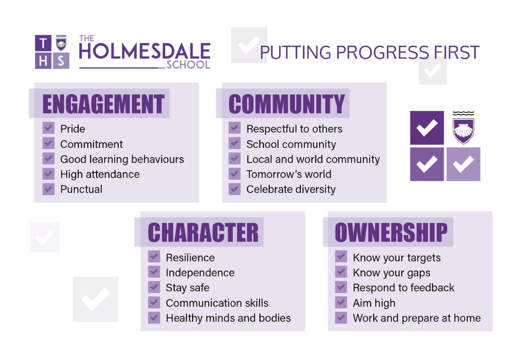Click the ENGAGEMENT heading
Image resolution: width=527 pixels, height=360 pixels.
[x=104, y=104]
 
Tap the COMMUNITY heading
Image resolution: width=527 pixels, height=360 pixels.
[x=287, y=104]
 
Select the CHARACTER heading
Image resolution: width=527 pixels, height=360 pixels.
[x=203, y=233]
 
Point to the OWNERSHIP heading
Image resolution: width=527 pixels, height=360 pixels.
[x=391, y=233]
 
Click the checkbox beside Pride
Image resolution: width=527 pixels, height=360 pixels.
[x=48, y=128]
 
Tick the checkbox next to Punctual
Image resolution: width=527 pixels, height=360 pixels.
[x=48, y=189]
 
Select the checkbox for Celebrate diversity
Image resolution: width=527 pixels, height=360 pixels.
[x=235, y=189]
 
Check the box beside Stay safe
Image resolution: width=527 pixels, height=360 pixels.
[x=154, y=287]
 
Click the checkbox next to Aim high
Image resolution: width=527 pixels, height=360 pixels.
[x=341, y=302]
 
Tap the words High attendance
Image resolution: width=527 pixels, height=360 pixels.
[x=100, y=175]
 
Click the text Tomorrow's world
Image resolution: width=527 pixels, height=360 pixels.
[x=289, y=174]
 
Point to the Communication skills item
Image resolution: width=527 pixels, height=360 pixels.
[x=217, y=303]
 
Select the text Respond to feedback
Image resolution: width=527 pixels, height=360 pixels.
[x=404, y=288]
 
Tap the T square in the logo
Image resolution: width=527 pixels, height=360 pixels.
[x=43, y=43]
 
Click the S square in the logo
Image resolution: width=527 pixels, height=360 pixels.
[x=61, y=61]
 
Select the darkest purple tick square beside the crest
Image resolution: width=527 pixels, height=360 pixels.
[x=427, y=128]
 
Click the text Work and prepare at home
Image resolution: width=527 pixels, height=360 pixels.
[x=417, y=318]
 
